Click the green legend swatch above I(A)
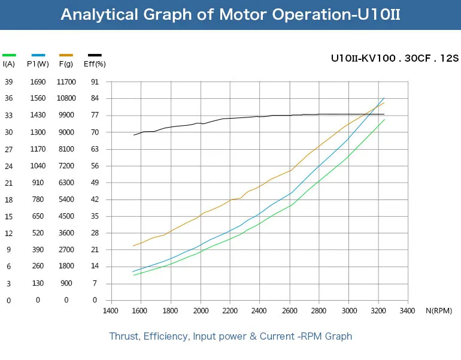[x=9, y=55]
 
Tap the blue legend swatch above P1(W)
[x=38, y=55]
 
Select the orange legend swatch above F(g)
[x=66, y=55]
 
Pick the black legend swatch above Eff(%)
[x=95, y=55]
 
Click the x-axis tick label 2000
[x=201, y=311]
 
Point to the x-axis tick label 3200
[x=378, y=311]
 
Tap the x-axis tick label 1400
[x=111, y=311]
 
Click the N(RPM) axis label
[x=439, y=311]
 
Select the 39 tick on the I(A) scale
[x=9, y=82]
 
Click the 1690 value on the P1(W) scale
[x=38, y=82]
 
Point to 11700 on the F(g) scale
[x=66, y=82]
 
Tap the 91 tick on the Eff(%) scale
[x=95, y=82]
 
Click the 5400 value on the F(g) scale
[x=66, y=199]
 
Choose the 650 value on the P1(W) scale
[x=38, y=216]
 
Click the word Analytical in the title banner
[x=99, y=14]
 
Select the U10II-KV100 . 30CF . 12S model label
[x=395, y=58]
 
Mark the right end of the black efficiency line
[x=384, y=114]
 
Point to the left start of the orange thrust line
[x=134, y=246]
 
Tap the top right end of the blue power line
[x=384, y=98]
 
